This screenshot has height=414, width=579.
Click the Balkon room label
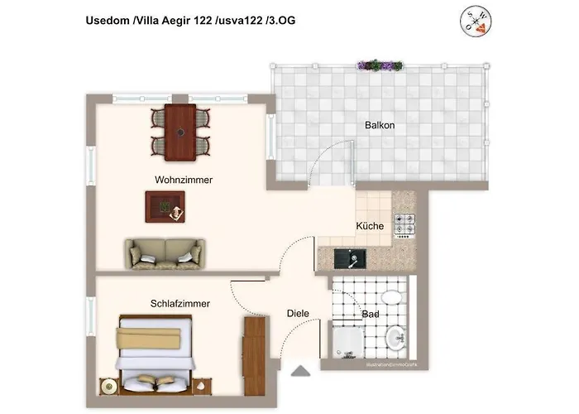click(x=380, y=126)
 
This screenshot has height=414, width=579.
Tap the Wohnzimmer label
click(x=184, y=180)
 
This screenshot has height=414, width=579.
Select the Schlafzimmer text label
click(x=180, y=304)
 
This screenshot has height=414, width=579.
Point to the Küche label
click(x=369, y=226)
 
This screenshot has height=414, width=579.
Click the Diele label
click(x=298, y=314)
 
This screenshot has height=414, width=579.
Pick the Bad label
click(x=371, y=315)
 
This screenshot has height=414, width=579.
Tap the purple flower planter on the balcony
click(x=380, y=65)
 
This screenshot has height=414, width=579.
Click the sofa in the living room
click(x=164, y=253)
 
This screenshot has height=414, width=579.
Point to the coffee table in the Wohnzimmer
click(x=164, y=206)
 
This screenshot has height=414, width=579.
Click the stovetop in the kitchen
click(x=405, y=224)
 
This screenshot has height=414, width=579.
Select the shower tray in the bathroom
click(x=347, y=344)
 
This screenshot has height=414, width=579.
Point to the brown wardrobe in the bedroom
click(x=254, y=346)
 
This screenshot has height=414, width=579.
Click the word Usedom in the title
click(x=107, y=20)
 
